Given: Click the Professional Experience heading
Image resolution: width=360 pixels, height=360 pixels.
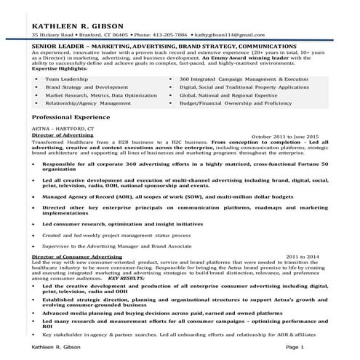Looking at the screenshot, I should point(72,116).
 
